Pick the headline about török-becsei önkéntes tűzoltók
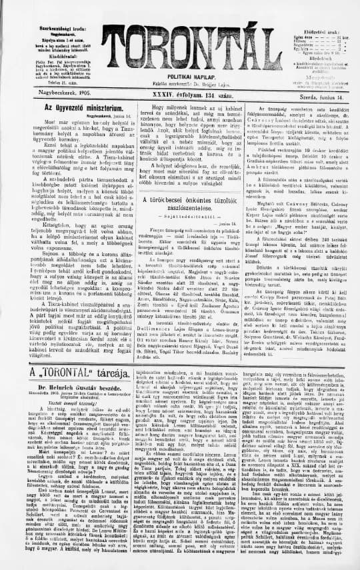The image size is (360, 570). pos(179,199)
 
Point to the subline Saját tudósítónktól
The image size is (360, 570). pos(179,216)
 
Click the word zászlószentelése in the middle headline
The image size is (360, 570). pos(179,207)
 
